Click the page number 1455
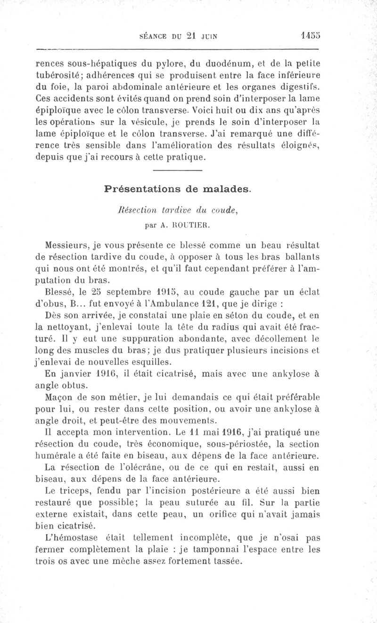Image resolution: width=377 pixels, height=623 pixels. point(309,35)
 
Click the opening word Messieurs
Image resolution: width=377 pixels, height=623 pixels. point(66,245)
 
